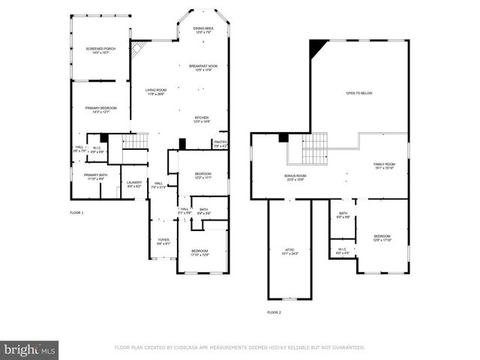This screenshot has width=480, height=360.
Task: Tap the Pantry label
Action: coord(220,143)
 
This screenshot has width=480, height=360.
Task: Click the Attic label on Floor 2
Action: coord(289,252)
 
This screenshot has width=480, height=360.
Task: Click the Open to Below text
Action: coord(358,93)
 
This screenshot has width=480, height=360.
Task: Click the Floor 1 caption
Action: coord(76,213)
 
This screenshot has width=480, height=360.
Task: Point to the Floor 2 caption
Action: coord(274,312)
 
